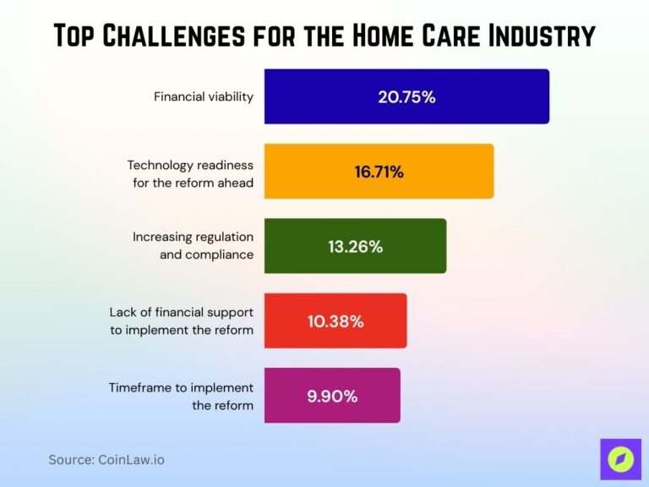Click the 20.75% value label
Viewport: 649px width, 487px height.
[406, 96]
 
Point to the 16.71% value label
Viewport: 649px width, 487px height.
[379, 172]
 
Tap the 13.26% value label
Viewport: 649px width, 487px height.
[355, 247]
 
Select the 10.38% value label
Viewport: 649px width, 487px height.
[335, 321]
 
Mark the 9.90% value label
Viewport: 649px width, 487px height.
[332, 396]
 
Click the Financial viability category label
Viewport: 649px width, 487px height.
[203, 96]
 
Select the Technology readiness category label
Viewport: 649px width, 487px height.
[191, 173]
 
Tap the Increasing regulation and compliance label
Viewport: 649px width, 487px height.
[193, 245]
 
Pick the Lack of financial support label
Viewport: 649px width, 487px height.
[182, 320]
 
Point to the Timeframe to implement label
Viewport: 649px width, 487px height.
[181, 396]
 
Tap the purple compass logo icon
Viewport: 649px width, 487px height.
[620, 459]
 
